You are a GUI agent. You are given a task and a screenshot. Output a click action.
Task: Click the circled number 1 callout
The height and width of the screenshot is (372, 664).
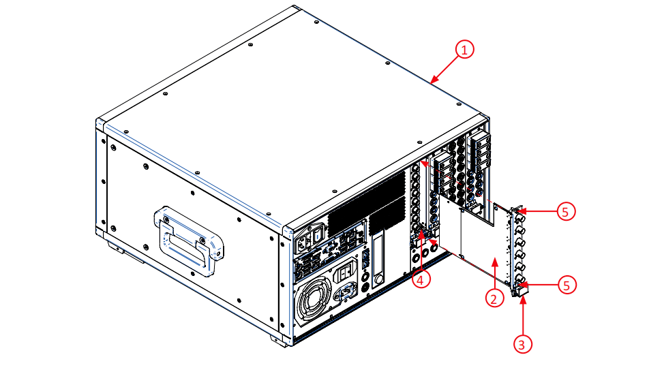point(464,50)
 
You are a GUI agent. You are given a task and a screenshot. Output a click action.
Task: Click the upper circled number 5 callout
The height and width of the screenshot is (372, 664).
point(565,211)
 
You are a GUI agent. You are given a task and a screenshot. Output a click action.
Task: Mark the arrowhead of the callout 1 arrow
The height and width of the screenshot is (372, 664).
point(432,82)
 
